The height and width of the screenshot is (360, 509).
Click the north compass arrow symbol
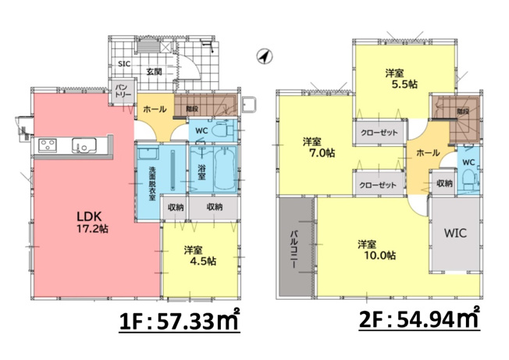265,57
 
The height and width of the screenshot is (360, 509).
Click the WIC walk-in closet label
455,233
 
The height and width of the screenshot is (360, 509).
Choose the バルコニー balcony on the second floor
296,248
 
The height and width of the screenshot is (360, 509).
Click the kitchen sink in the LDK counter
83,145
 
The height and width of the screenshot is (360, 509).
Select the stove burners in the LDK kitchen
45,145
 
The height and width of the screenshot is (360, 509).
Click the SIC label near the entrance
123,65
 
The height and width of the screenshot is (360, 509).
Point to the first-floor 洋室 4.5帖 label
198,256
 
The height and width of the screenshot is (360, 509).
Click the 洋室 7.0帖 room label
314,148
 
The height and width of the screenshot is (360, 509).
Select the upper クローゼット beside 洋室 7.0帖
377,134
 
